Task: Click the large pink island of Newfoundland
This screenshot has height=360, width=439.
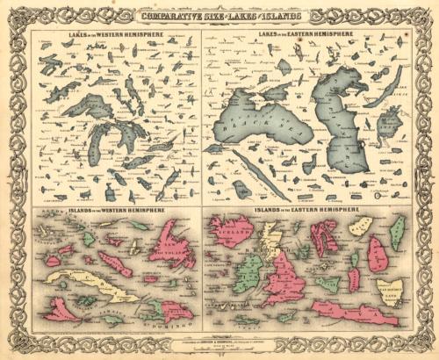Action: [x=171, y=244]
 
